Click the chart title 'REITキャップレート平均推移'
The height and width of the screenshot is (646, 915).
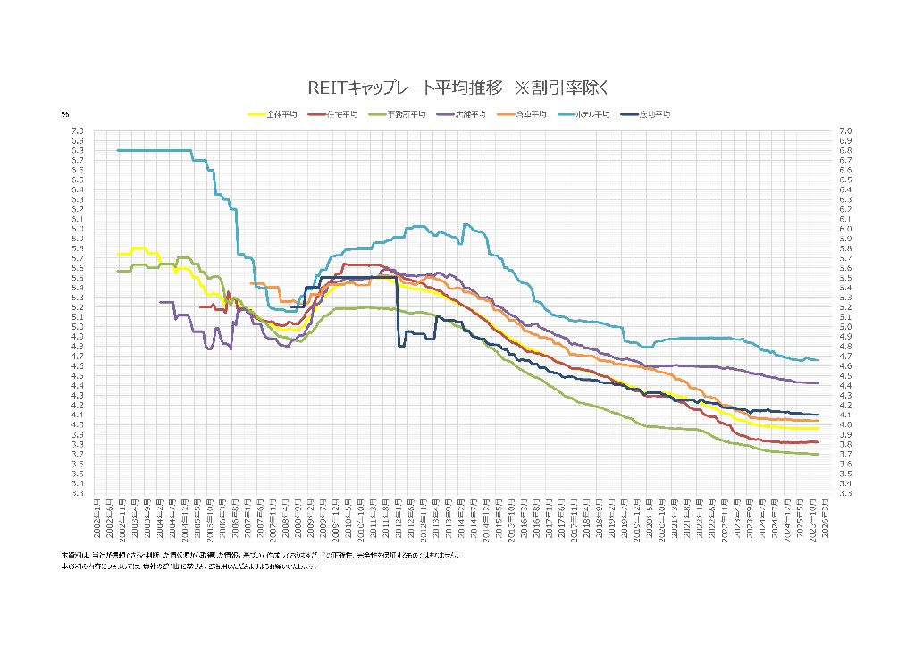click(x=406, y=88)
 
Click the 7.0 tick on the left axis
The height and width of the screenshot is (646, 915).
click(x=78, y=131)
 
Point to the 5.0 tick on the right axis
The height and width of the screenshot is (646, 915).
click(x=844, y=327)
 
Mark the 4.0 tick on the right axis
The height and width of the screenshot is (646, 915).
click(x=844, y=424)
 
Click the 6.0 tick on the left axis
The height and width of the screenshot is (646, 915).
click(x=78, y=229)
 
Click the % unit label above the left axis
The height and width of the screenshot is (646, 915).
click(x=64, y=114)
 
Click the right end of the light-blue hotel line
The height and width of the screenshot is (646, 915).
click(x=818, y=359)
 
